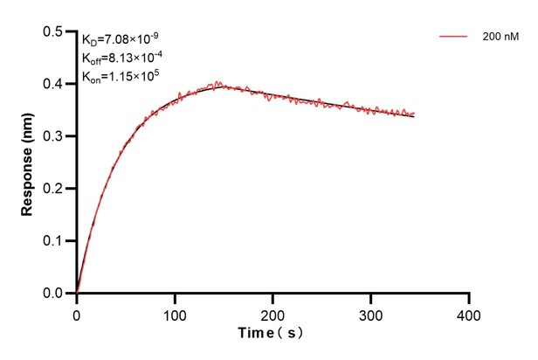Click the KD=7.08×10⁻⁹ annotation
(121, 39)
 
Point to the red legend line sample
(454, 37)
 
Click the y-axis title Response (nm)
(28, 164)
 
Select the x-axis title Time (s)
(272, 334)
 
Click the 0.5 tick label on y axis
(54, 32)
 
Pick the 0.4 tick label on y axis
(54, 85)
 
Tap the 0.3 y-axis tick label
(54, 136)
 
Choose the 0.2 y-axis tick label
(54, 189)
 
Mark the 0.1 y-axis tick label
(54, 241)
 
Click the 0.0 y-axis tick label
(54, 294)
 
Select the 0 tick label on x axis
(77, 313)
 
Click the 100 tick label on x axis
(175, 313)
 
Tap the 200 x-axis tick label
(273, 313)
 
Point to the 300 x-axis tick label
(371, 313)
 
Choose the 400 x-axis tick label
(469, 313)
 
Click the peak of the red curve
(217, 83)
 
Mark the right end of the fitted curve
(414, 115)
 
